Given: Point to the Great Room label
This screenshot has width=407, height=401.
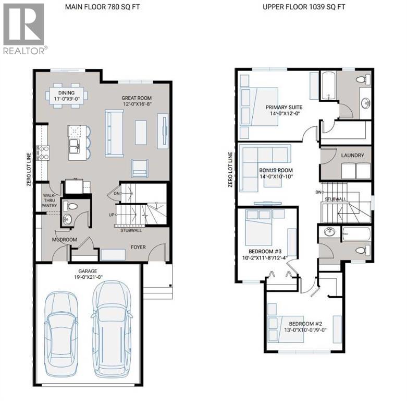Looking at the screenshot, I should tap(137, 98).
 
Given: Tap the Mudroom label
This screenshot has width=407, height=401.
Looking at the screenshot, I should tap(65, 240).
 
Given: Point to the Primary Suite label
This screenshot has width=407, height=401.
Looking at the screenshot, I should tap(283, 107).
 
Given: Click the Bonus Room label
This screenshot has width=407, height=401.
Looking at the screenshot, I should tap(276, 170).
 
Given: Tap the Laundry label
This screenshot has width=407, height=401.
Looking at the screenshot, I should tap(349, 156).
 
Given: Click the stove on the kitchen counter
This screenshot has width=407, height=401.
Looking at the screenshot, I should tap(43, 152).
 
